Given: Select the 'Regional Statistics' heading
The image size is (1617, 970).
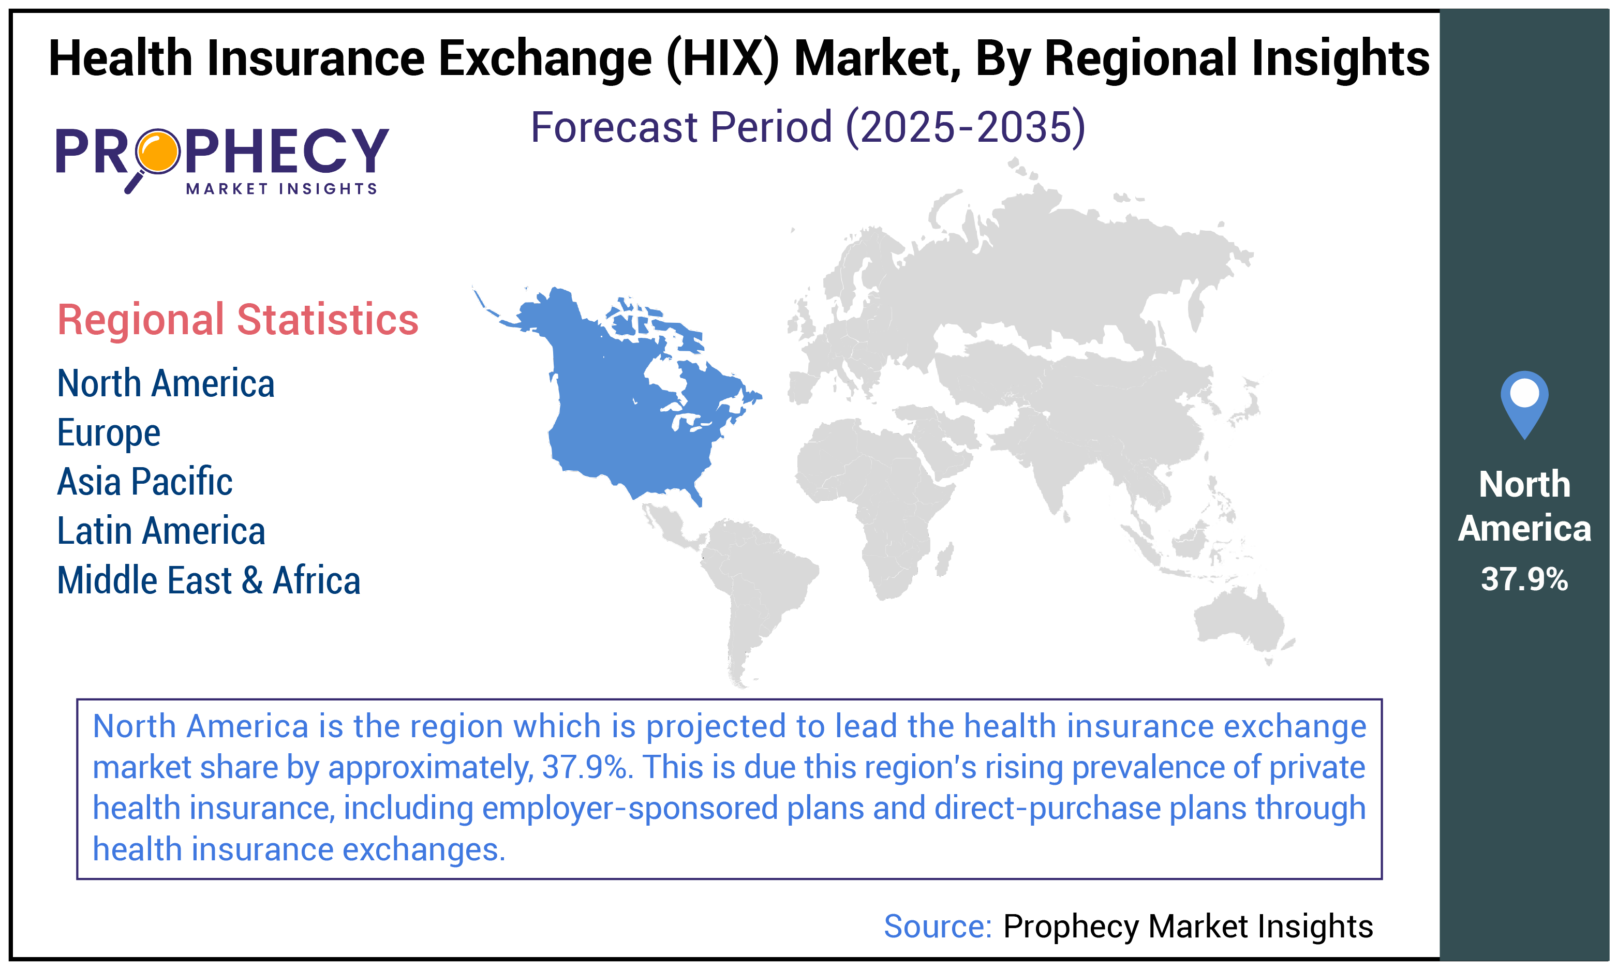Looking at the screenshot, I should coord(238,320).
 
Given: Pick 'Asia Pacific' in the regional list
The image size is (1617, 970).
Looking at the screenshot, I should coord(144,482).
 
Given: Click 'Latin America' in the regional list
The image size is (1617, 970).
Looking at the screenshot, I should coord(161,531).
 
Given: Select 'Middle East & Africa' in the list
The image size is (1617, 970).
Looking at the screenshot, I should coord(209,580).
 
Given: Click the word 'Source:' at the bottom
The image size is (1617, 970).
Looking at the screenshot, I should coord(937,926).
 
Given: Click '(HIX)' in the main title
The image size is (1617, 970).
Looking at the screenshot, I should coord(722,59).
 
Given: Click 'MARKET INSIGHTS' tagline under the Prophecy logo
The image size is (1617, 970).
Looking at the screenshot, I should coord(281,189).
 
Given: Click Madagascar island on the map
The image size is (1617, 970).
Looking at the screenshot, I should coord(944,561).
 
